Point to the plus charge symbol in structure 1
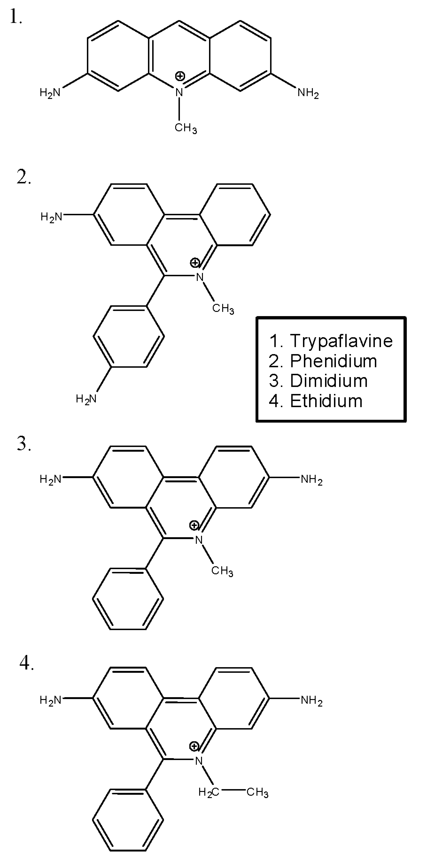[x=180, y=76]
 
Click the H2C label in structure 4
[x=209, y=793]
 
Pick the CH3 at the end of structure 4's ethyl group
[x=257, y=793]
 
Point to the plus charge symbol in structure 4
[x=194, y=747]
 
